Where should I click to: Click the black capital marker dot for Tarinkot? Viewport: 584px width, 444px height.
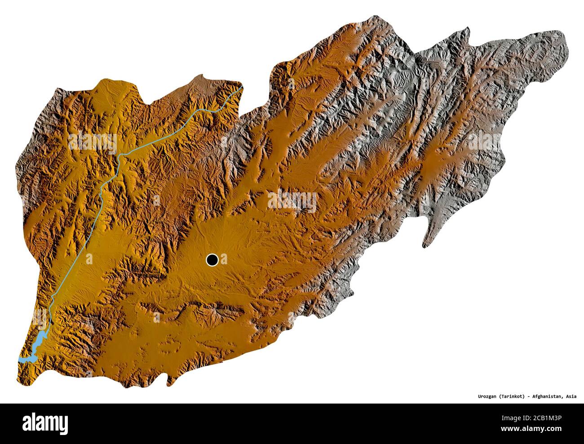[212, 259]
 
